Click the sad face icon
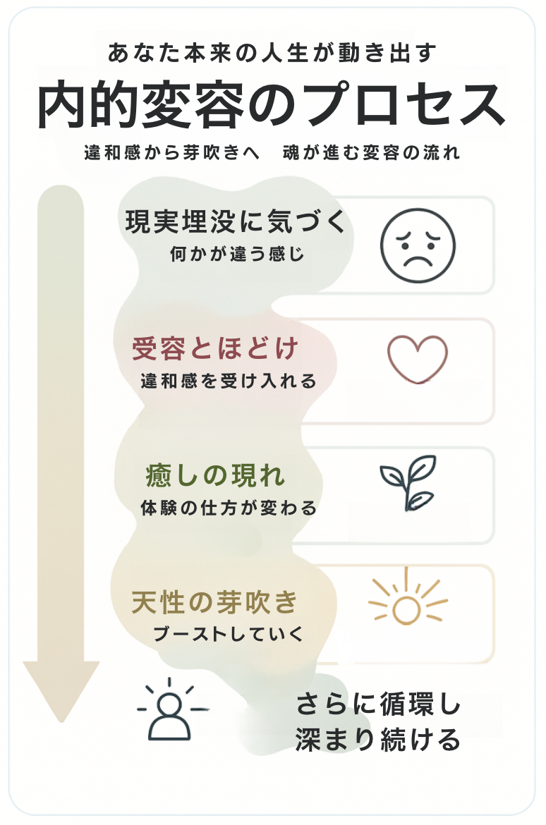418,245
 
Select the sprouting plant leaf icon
408,483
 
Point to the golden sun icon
407,604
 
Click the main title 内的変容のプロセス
272,106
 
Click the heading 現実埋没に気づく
237,223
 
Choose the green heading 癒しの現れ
215,477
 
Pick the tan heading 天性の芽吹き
215,603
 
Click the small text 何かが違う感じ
237,254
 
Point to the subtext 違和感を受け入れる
229,381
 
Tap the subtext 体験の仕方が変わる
229,508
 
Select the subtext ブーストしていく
229,633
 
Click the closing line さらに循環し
378,705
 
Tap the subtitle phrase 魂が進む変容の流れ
371,152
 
